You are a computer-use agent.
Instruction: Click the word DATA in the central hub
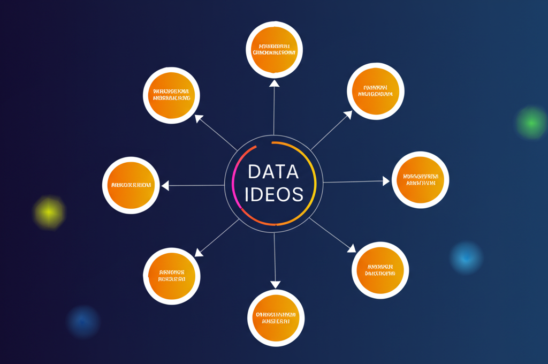click(273, 171)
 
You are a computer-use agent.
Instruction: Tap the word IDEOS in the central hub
click(273, 194)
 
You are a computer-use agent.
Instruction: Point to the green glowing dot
click(531, 123)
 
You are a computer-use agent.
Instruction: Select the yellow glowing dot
click(49, 213)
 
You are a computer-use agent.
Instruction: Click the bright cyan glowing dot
click(466, 257)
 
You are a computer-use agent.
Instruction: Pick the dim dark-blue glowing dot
click(82, 322)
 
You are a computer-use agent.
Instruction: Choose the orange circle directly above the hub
click(274, 49)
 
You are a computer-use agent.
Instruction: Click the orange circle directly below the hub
click(276, 317)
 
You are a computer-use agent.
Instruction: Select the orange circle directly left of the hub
click(131, 185)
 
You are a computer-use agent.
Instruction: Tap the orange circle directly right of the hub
click(420, 179)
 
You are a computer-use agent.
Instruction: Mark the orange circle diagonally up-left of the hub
click(171, 95)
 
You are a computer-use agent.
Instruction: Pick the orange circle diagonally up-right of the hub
click(376, 91)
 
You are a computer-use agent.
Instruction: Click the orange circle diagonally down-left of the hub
click(171, 276)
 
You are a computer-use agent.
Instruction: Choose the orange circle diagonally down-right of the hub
click(380, 270)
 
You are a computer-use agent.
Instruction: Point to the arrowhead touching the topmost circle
click(274, 83)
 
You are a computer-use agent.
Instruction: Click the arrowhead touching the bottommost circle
click(275, 284)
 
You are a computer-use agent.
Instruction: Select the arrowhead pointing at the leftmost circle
click(165, 186)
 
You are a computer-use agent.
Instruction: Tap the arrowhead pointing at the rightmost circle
click(386, 181)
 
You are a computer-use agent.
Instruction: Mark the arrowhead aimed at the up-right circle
click(348, 115)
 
